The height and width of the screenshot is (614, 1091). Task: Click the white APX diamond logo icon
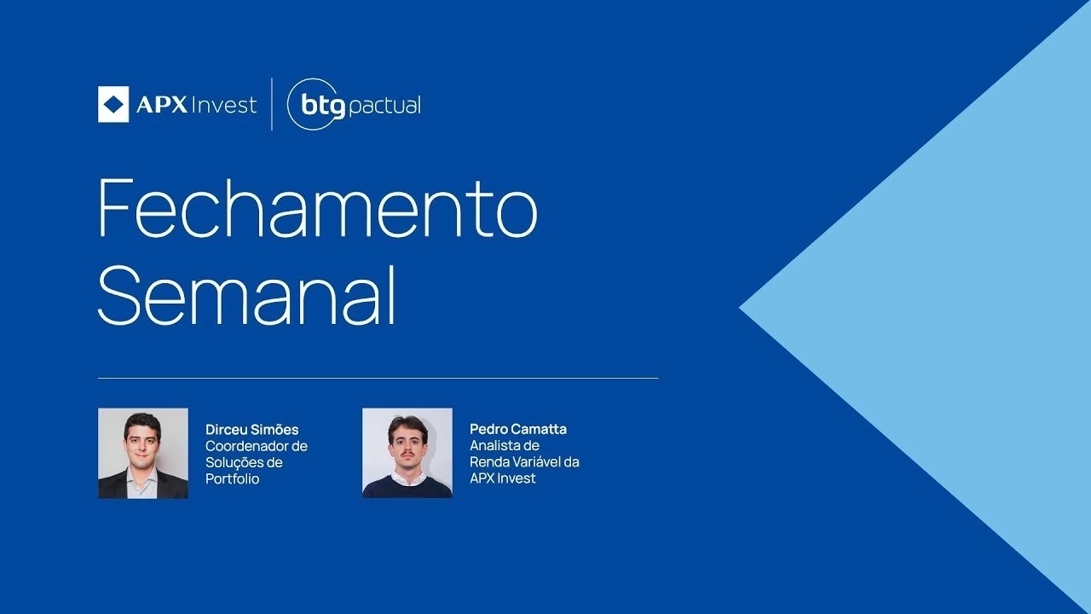pos(113,104)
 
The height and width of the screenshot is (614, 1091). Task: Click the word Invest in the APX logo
pos(224,105)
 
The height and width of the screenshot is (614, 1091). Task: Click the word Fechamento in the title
pos(317,208)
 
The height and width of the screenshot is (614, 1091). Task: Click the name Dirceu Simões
pos(251,430)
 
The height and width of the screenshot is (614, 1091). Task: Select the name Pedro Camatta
pos(517,429)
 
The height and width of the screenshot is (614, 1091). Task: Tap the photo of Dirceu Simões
pos(142,453)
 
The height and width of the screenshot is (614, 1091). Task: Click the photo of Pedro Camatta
pos(407,453)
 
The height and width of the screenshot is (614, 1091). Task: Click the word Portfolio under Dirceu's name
pos(232,479)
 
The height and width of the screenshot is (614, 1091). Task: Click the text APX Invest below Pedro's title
pos(502,478)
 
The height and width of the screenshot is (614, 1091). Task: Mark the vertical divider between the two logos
pos(272,104)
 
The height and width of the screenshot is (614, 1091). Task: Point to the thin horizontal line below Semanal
pos(378,378)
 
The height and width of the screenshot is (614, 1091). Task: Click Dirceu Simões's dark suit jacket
pos(115,486)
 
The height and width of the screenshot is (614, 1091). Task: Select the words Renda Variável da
pos(524,462)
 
